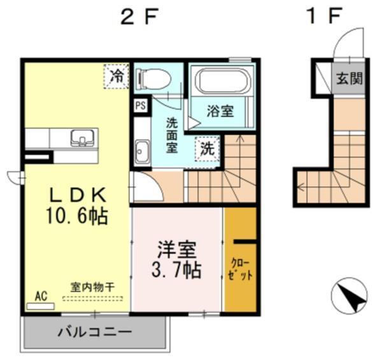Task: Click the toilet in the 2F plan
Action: tap(153, 78)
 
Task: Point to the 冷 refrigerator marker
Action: tap(117, 76)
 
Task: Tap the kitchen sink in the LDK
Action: tap(82, 138)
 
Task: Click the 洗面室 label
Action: tap(173, 135)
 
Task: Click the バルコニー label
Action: tap(95, 331)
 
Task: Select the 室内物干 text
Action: tap(92, 287)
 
